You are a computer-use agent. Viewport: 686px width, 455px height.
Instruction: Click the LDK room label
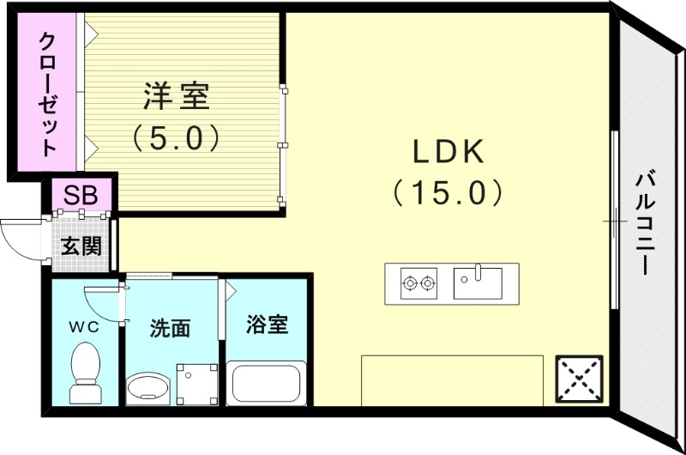point(448,153)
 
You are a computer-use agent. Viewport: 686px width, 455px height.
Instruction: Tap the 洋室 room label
point(177,96)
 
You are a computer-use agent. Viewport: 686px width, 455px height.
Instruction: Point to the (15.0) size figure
point(448,192)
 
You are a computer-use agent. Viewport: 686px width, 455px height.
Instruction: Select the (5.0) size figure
point(177,137)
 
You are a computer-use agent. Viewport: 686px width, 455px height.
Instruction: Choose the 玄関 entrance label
point(81,246)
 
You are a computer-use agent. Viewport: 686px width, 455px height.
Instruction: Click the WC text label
point(85,326)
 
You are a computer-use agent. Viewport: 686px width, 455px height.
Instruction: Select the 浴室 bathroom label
point(266,325)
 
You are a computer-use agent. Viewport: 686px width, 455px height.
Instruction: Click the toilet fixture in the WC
point(85,374)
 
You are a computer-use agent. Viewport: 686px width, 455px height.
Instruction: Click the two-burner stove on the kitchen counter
point(418,282)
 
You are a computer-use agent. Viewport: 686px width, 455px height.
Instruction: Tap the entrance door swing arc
point(19,237)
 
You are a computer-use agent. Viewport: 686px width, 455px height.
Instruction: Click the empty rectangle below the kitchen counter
point(451,379)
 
